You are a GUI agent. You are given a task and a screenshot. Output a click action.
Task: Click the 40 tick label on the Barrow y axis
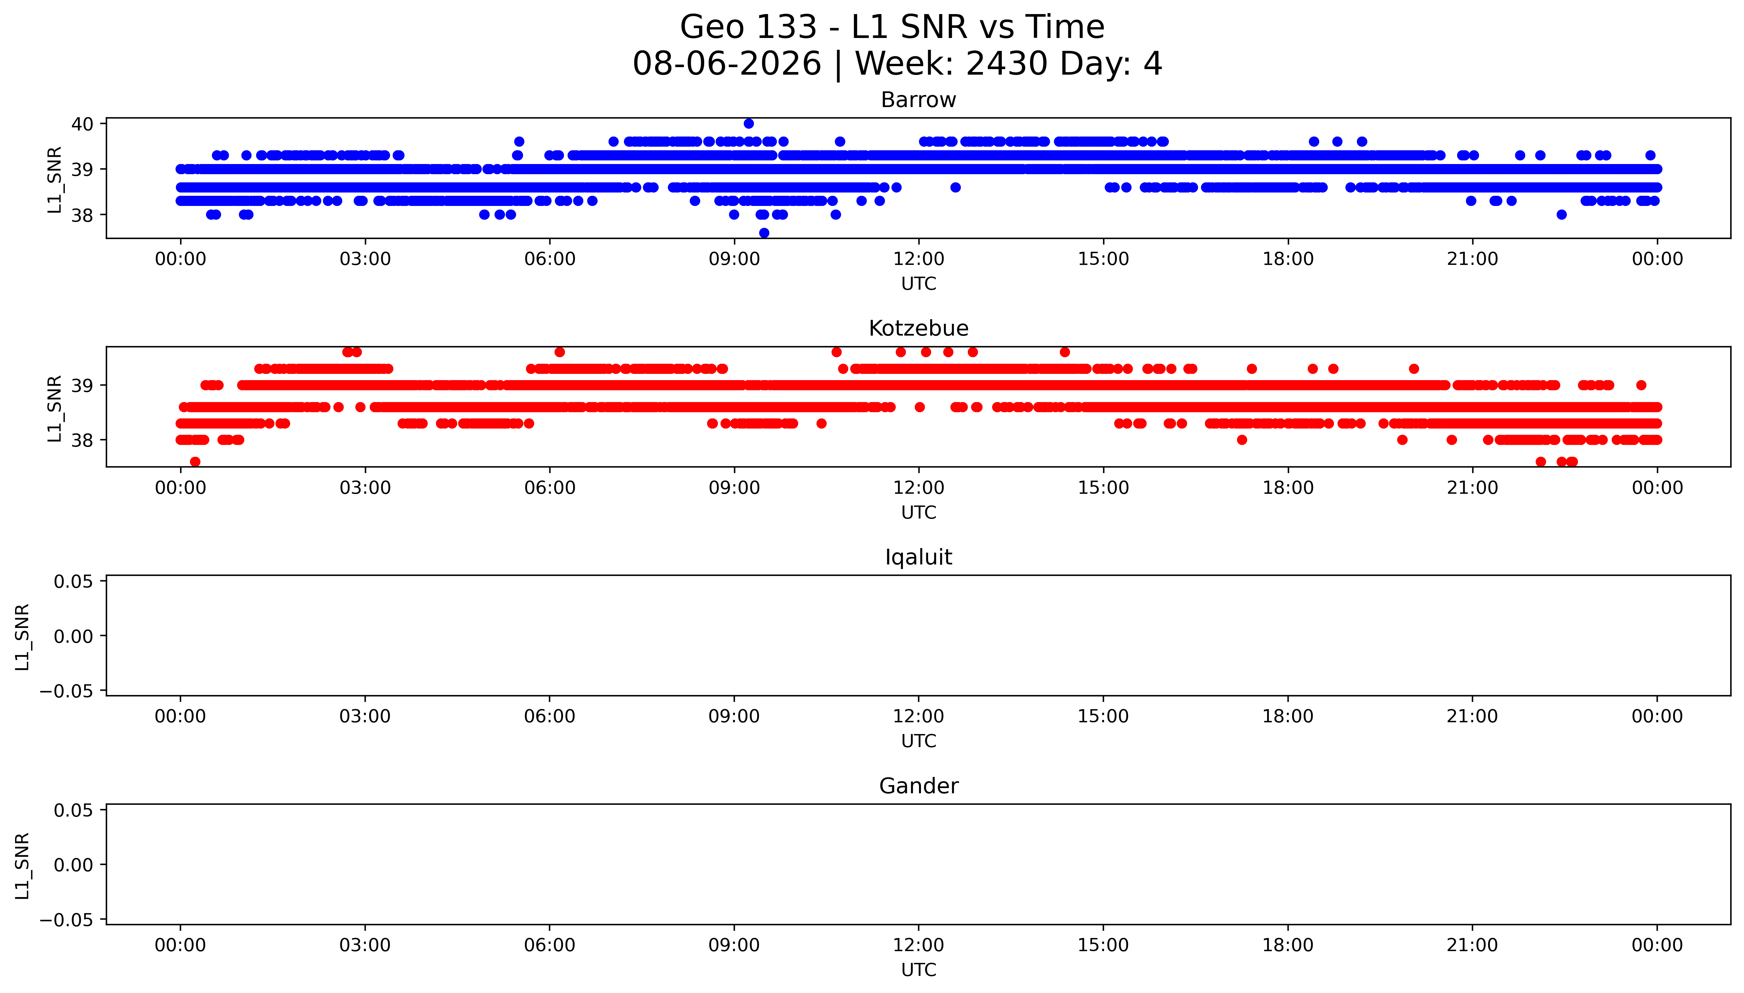point(83,123)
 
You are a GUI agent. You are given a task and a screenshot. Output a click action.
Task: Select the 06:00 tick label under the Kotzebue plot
point(550,487)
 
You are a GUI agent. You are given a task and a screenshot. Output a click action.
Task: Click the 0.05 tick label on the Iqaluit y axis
point(74,581)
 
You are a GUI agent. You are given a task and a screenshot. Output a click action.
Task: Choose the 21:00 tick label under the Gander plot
point(1472,945)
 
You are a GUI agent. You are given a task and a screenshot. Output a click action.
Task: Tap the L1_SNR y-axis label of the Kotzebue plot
point(55,408)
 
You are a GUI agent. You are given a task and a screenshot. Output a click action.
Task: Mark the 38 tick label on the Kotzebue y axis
point(83,440)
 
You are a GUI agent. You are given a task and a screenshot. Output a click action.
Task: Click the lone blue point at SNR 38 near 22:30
point(1561,215)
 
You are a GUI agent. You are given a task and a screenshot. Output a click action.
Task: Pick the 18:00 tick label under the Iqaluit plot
point(1288,716)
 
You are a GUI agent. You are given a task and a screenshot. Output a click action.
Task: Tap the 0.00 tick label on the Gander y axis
point(74,865)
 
